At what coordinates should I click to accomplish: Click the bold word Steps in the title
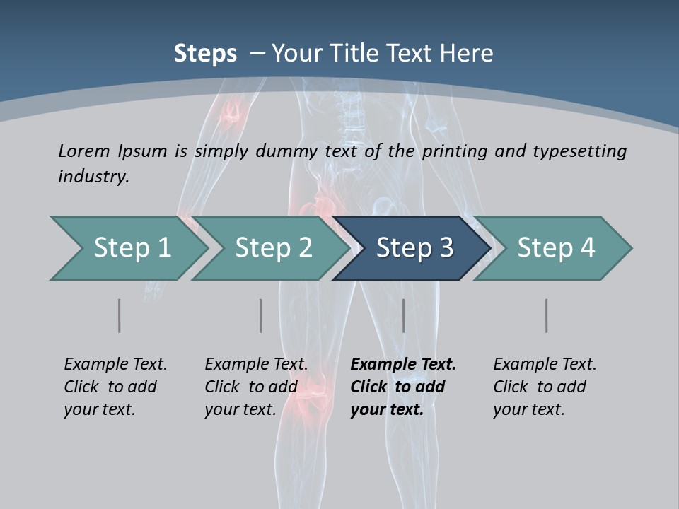[x=205, y=54]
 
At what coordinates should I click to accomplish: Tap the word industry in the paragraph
[x=93, y=176]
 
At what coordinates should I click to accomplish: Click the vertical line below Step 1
[x=119, y=315]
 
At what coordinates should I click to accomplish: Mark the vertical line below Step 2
[x=260, y=315]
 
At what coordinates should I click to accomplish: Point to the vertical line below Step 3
[x=403, y=315]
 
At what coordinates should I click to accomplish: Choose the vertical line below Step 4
[x=546, y=315]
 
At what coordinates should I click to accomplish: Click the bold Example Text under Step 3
[x=403, y=365]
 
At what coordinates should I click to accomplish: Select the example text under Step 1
[x=115, y=387]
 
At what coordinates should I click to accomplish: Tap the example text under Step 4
[x=545, y=387]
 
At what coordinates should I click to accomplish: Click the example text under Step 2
[x=256, y=387]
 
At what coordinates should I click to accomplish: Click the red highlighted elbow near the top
[x=231, y=113]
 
